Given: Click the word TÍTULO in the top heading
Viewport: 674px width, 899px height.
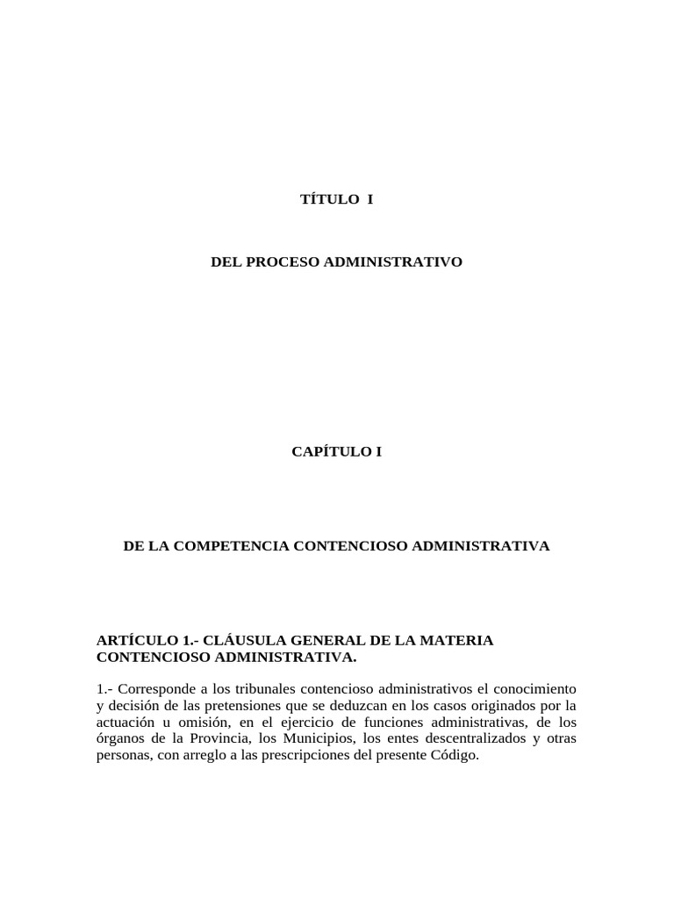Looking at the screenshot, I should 326,199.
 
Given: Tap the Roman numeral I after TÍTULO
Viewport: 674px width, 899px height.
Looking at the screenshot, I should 370,199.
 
